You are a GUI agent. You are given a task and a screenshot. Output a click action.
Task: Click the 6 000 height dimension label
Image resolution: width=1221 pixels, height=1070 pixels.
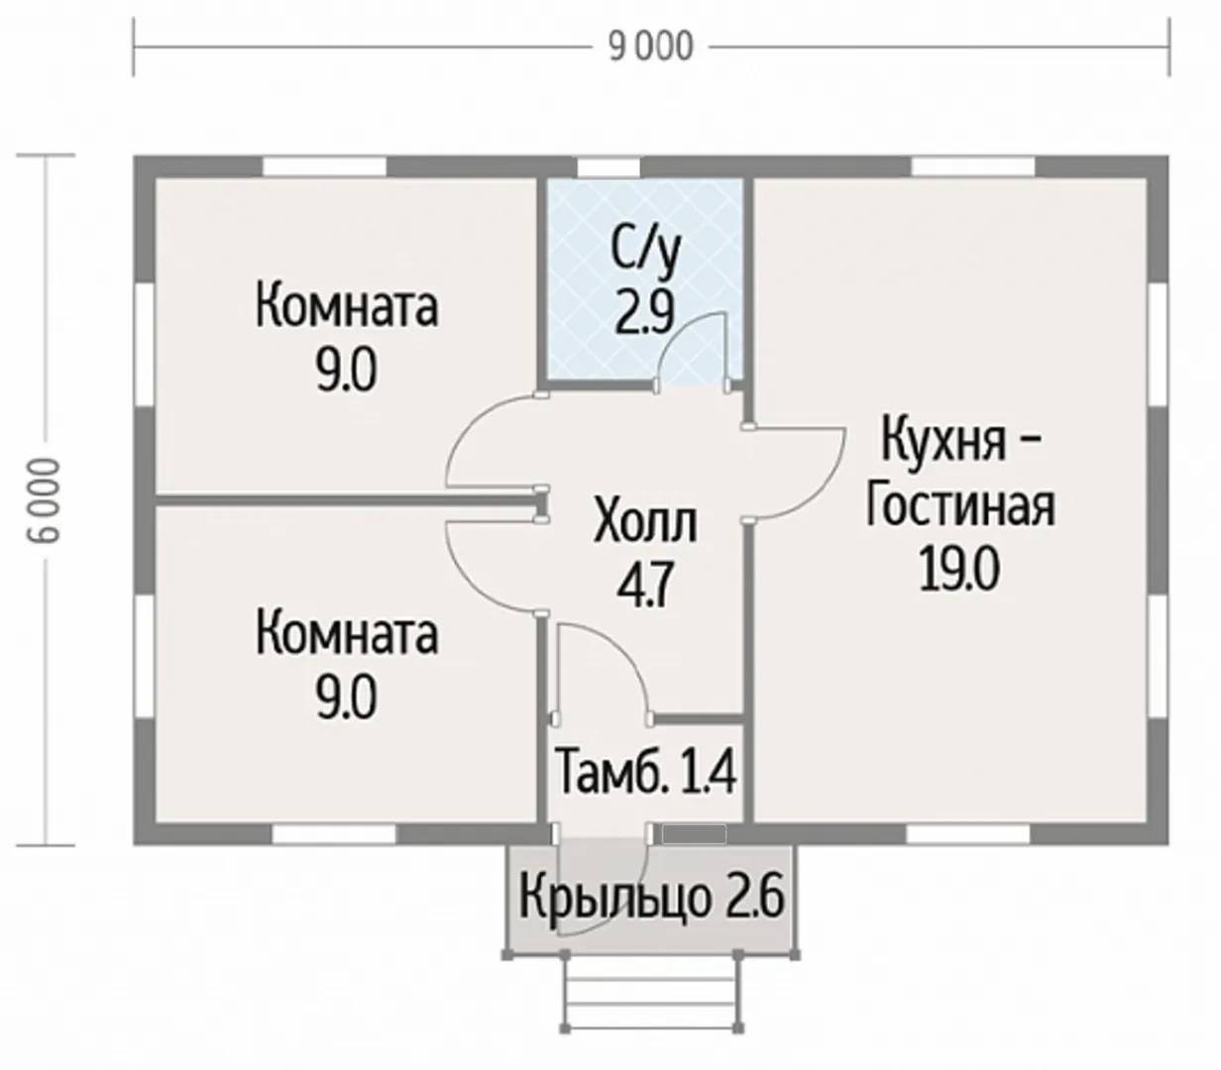pos(47,500)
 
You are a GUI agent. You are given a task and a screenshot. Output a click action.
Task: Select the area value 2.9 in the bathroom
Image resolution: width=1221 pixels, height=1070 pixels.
pos(644,311)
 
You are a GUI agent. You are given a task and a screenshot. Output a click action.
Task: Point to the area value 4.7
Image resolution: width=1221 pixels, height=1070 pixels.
pos(644,585)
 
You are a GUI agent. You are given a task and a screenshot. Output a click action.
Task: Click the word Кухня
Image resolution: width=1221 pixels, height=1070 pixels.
pos(943,441)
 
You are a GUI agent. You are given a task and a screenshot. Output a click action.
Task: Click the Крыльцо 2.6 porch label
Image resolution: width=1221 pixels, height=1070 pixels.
pos(651,896)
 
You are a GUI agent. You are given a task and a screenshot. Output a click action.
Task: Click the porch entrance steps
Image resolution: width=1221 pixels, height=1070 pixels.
pos(652,993)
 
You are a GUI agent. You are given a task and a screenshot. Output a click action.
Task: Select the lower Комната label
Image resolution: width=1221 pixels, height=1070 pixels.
pos(347,636)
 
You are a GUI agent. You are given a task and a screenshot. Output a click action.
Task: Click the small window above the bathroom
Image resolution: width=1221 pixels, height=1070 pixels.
pos(609,166)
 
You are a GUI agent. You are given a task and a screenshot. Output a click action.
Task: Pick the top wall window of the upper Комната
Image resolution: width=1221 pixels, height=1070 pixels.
pos(325,166)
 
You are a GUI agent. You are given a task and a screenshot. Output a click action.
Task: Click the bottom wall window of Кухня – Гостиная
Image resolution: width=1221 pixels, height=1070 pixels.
pos(968,834)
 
